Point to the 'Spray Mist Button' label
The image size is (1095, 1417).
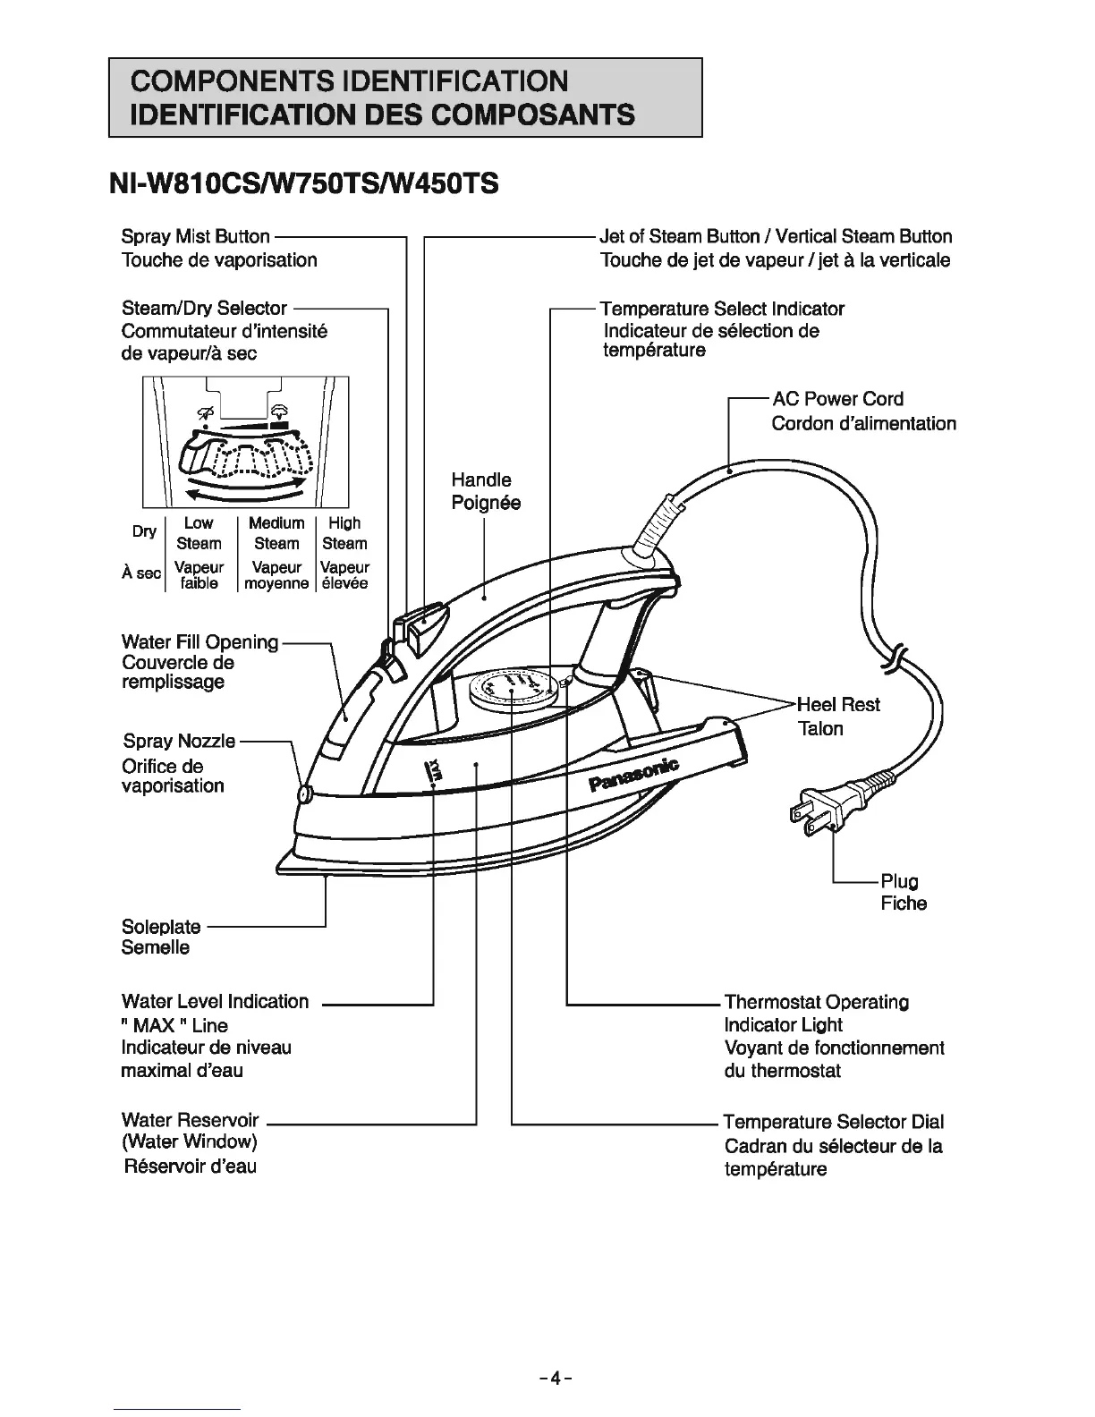(195, 237)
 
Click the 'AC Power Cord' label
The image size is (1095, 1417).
(837, 399)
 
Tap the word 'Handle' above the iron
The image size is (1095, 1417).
(481, 480)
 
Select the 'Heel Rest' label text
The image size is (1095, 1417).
(838, 705)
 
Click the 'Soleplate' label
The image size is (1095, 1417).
(161, 927)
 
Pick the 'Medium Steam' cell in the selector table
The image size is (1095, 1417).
(276, 533)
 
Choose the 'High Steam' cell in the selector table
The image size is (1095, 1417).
(344, 533)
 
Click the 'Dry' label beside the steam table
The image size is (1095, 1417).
(145, 531)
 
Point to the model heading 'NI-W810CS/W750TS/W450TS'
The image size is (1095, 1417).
(301, 184)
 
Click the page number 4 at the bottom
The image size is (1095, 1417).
(555, 1379)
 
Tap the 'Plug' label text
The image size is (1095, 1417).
(900, 881)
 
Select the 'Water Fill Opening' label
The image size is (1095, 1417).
(199, 642)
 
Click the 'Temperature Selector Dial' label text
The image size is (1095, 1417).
(833, 1122)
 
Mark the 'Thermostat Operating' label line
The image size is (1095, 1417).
(816, 1002)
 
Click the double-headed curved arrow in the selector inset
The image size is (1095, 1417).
(244, 491)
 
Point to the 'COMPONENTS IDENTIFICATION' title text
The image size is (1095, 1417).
(349, 81)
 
